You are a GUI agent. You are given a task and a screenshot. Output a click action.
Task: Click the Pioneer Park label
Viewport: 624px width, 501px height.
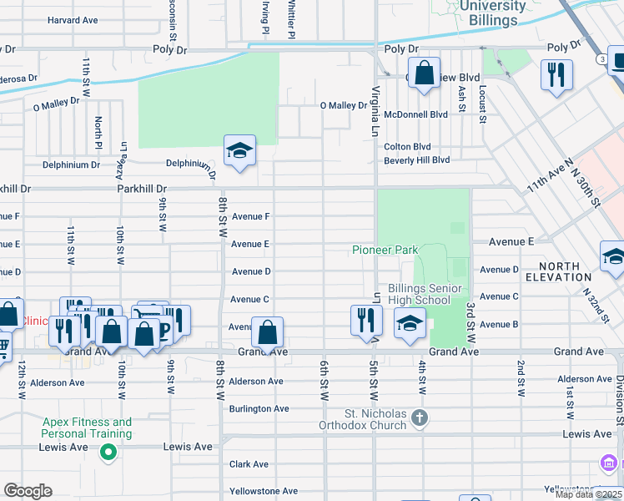pyautogui.click(x=384, y=250)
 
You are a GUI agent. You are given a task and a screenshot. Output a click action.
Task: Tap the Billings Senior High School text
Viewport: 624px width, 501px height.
pyautogui.click(x=430, y=294)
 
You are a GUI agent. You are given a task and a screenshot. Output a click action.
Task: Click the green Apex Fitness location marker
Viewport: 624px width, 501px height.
pyautogui.click(x=107, y=453)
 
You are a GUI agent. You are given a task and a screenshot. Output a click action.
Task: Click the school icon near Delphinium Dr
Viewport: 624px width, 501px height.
pyautogui.click(x=239, y=151)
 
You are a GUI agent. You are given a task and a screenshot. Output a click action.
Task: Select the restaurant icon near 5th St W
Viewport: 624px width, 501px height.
pyautogui.click(x=366, y=321)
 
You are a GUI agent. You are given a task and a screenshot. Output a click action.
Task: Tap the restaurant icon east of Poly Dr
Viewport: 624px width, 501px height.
pyautogui.click(x=556, y=75)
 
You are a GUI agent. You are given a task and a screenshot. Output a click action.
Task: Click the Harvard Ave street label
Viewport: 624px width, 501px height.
pyautogui.click(x=73, y=20)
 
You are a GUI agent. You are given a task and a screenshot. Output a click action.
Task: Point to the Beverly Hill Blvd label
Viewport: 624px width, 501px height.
pyautogui.click(x=416, y=160)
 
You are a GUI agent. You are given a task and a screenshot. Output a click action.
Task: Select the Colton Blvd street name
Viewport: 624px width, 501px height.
pyautogui.click(x=407, y=147)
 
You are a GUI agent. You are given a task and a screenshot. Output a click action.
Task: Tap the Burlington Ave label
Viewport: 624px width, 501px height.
pyautogui.click(x=259, y=409)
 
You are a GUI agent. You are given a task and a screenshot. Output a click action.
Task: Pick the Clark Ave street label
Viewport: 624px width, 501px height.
pyautogui.click(x=249, y=464)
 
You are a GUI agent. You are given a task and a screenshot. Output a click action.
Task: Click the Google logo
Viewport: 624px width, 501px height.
pyautogui.click(x=28, y=491)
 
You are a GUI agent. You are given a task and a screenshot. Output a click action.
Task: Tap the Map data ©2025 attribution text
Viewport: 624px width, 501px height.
pyautogui.click(x=588, y=494)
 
